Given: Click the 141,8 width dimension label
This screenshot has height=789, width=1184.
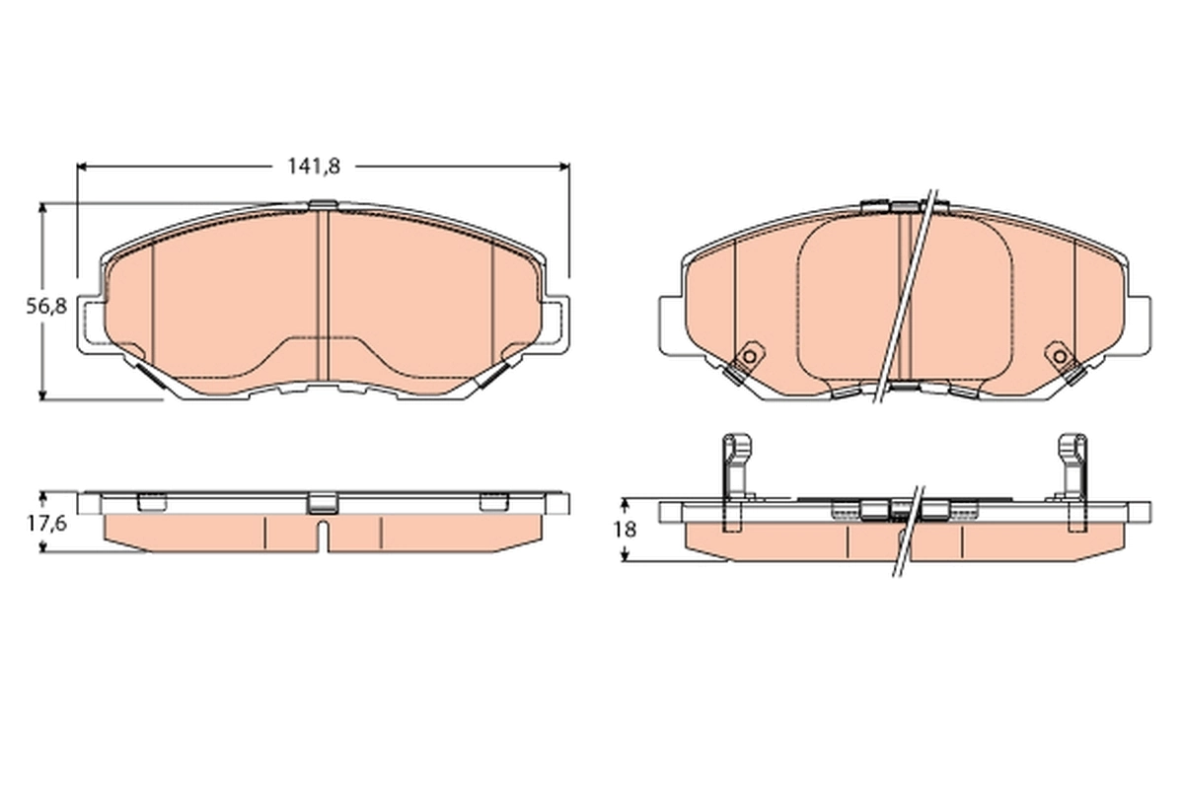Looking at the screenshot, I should point(314,167).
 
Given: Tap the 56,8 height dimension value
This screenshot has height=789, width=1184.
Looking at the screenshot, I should point(45,306).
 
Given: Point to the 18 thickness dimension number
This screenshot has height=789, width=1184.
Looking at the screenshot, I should point(624,529).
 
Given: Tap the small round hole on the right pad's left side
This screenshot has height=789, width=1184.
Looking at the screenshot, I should point(749,356).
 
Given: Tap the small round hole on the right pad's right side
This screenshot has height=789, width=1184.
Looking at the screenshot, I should point(1059,356).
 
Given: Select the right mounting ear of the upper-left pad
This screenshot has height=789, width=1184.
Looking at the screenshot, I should point(555,323).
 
